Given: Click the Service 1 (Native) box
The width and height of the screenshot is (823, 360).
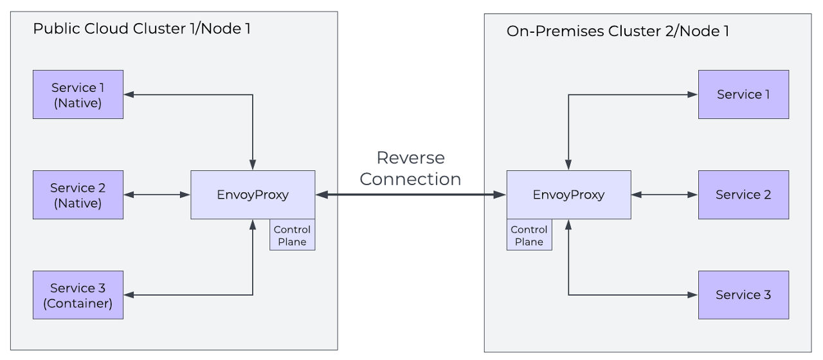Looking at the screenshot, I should point(78,94).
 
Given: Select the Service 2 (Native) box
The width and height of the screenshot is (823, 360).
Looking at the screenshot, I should point(78,195).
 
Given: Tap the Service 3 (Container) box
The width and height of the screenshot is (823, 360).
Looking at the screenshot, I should point(78,295).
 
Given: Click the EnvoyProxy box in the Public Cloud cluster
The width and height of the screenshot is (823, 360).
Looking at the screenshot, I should point(253,195).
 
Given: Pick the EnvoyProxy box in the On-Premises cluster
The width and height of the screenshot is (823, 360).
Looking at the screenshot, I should point(568,195).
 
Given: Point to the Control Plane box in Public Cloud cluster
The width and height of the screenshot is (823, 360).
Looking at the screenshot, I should point(292,235).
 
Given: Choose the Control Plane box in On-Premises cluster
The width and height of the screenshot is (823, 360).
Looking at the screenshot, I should point(529,235).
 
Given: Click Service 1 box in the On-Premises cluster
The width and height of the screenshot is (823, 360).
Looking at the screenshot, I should point(743,94).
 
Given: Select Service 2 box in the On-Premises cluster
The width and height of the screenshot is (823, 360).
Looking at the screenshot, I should point(743,195).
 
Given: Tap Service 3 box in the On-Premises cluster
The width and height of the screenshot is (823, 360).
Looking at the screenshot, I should point(743,295).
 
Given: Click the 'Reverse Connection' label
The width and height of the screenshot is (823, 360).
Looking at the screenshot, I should point(410,168).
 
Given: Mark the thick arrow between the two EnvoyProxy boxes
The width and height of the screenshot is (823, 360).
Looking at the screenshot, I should point(410,194).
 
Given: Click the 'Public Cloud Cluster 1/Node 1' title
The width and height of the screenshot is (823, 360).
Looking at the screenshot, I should point(141,29).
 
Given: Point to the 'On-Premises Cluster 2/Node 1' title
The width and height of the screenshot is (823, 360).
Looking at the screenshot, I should point(617,31).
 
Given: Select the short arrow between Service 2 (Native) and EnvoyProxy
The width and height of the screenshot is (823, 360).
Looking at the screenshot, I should point(157,194).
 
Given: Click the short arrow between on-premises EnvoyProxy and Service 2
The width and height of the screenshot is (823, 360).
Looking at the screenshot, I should point(665,194).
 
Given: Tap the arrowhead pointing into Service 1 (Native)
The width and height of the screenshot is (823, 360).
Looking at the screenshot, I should point(129,94).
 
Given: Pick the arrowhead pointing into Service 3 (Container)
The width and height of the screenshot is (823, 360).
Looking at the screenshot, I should point(129,295).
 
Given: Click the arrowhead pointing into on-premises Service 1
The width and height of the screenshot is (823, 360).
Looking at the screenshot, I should point(693,94).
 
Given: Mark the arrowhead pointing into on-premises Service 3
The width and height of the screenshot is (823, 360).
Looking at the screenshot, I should point(693,295).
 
